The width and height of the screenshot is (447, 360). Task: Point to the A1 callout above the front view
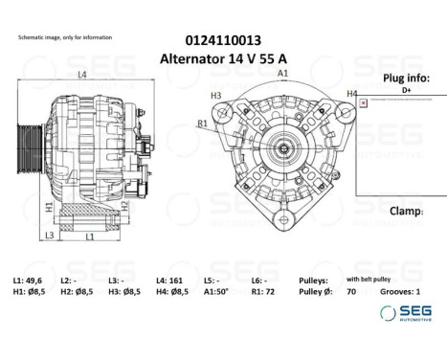click(x=282, y=73)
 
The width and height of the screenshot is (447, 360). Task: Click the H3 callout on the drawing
click(x=215, y=96)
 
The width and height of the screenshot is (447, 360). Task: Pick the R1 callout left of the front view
click(x=202, y=124)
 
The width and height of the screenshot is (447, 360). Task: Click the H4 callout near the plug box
click(x=351, y=93)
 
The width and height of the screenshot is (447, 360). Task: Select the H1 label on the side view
click(x=49, y=206)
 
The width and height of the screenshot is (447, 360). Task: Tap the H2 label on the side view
click(x=125, y=205)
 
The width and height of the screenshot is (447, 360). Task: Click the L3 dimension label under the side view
click(x=49, y=235)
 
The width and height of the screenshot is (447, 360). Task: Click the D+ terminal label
click(x=406, y=89)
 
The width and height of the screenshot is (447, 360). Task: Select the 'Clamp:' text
click(x=407, y=209)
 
